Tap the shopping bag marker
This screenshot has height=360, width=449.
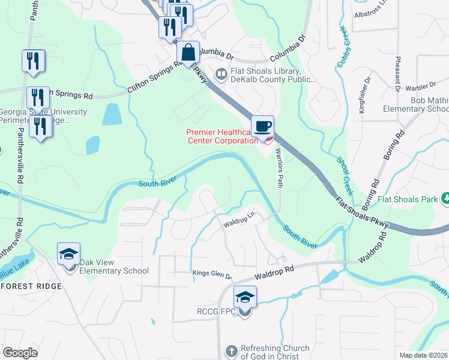point(188,53)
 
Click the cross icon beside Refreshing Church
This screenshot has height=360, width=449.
point(231,352)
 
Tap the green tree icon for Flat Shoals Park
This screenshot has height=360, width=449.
point(445,197)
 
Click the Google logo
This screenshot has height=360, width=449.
point(20,353)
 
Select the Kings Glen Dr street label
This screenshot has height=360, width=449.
point(212,274)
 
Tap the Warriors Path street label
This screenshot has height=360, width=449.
point(279,167)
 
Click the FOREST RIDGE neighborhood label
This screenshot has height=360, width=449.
point(31,286)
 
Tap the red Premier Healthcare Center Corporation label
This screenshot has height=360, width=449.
point(222,136)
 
